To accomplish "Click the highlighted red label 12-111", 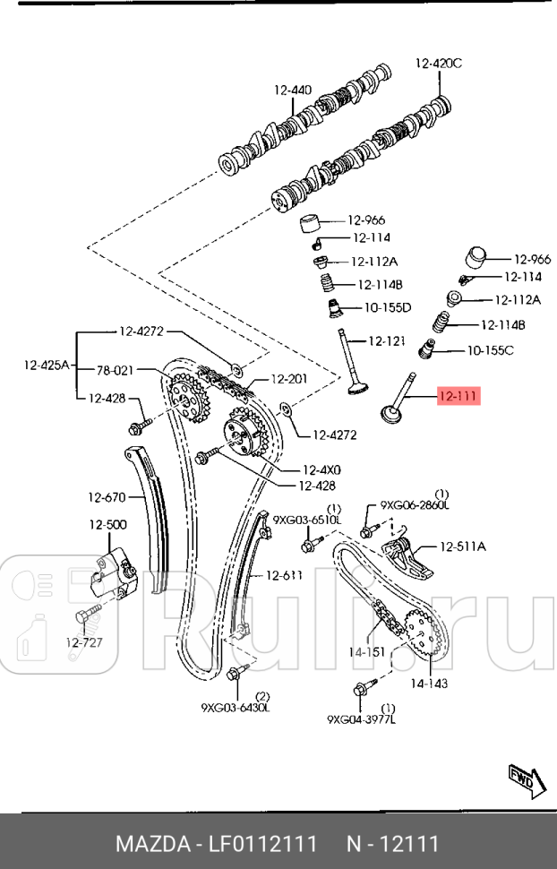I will click(x=458, y=396).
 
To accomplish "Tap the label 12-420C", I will click(x=438, y=63).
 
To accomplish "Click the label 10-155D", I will click(x=387, y=307).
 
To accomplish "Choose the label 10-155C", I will click(x=489, y=349).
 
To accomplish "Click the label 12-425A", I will click(x=47, y=366).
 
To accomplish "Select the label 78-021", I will click(x=115, y=369).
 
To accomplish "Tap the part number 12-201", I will click(x=288, y=379).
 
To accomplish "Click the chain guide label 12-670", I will click(x=107, y=496).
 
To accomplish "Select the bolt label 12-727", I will click(x=85, y=641).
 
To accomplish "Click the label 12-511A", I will click(x=462, y=546).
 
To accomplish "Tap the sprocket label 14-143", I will click(x=429, y=683).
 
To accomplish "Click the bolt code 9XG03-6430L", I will click(x=236, y=708).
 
